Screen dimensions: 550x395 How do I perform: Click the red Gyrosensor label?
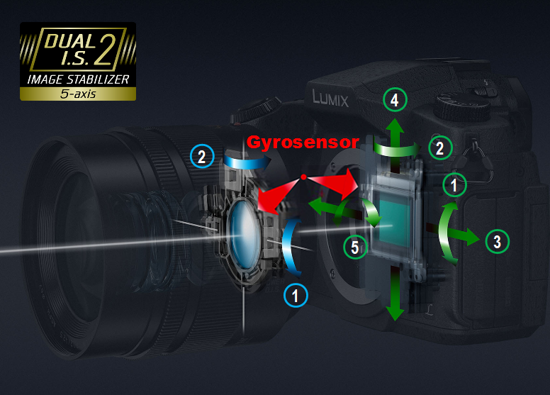click(x=303, y=143)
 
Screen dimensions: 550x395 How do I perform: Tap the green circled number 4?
click(x=395, y=100)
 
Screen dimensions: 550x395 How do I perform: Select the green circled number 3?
click(x=497, y=242)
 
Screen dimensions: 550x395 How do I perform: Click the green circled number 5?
click(x=355, y=247)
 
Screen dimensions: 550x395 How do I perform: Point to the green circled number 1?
click(x=454, y=184)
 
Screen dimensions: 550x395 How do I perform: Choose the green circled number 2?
click(x=440, y=148)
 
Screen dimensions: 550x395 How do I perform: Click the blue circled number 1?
click(x=296, y=295)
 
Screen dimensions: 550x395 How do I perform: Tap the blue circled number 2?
click(x=202, y=156)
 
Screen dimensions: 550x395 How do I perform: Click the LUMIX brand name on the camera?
click(x=330, y=99)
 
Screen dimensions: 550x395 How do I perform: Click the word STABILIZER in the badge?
click(x=98, y=79)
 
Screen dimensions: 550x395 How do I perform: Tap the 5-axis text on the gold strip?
click(x=78, y=94)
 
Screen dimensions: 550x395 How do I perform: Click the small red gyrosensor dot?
click(x=304, y=177)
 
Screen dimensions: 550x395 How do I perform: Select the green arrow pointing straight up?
click(x=395, y=145)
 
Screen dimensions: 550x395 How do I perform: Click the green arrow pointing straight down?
click(x=395, y=293)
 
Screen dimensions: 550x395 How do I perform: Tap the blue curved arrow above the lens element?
click(x=247, y=161)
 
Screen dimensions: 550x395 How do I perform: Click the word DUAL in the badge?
click(x=70, y=40)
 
